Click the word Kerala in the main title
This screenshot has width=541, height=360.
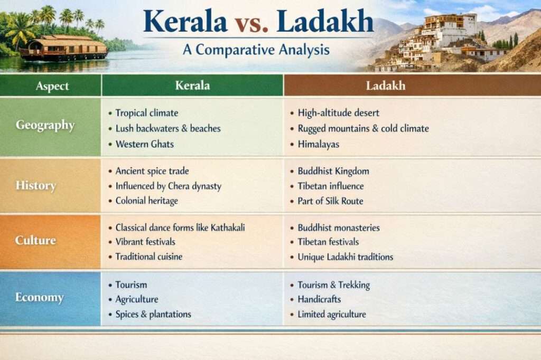coord(185,22)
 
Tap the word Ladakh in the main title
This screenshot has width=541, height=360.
coord(325,21)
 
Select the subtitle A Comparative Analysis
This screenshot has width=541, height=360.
coord(256,50)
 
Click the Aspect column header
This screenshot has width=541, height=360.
coord(52,86)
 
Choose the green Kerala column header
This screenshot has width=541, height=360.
coord(192,85)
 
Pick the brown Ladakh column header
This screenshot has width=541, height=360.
coord(385,86)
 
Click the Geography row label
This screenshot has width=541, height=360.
coord(45,125)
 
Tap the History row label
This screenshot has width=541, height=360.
coord(35,185)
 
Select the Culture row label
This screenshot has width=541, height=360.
coord(35,240)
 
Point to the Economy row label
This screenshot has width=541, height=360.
coord(39,297)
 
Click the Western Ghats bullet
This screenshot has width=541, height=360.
coord(141,144)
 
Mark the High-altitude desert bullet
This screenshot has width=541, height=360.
coord(334,113)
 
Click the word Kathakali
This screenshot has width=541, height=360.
coord(228,228)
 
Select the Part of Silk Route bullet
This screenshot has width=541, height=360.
coord(327,201)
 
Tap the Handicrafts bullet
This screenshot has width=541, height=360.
coord(316,299)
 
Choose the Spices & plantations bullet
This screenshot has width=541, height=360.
coord(150,314)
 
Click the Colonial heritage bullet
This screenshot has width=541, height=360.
coord(143,201)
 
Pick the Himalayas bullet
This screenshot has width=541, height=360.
coord(315,144)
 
